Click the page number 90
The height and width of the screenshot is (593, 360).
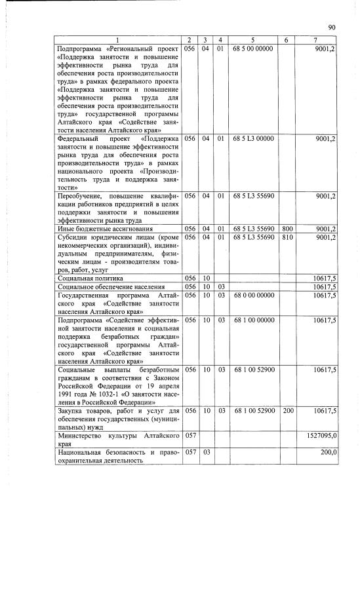[x=332, y=27]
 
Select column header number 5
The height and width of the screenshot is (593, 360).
[x=252, y=41]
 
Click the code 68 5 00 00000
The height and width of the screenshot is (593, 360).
[x=252, y=49]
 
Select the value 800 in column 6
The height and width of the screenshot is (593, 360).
[x=286, y=228]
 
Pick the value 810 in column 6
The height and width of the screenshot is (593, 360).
[x=286, y=237]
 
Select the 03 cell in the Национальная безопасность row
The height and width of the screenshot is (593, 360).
[x=205, y=452]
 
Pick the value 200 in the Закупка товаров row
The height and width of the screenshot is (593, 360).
[x=286, y=410]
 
